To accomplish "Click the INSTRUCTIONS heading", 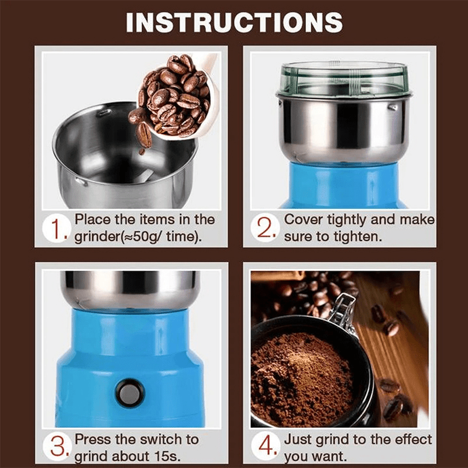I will [x=234, y=22].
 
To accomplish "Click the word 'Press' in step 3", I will [x=92, y=439].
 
